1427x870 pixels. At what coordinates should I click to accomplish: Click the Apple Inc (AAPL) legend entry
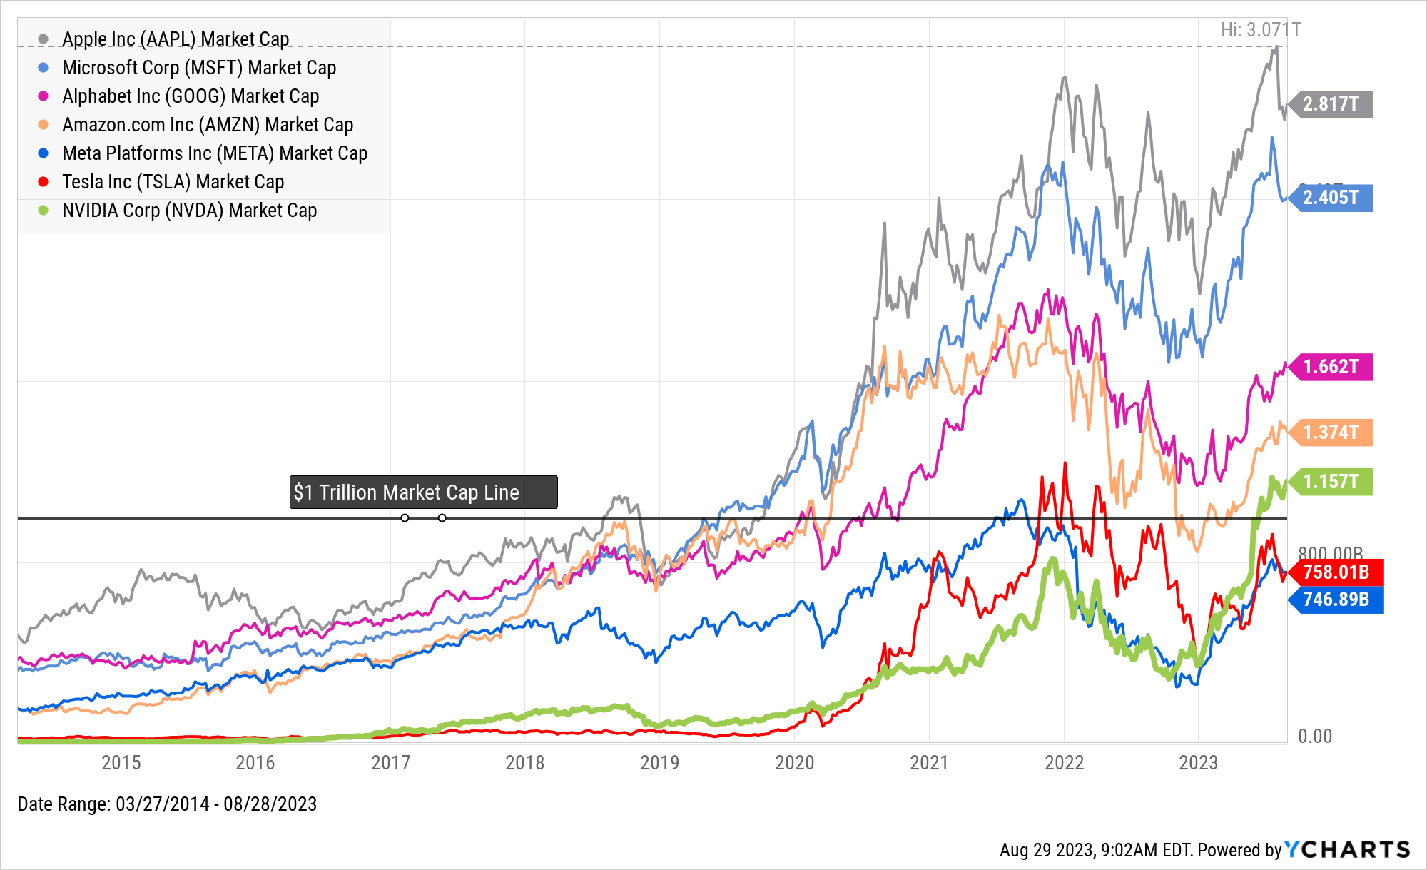point(175,39)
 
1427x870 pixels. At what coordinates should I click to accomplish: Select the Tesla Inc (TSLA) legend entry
point(173,182)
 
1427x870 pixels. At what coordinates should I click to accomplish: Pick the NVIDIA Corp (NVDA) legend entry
point(189,211)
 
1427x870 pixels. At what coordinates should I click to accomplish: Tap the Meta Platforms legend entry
point(214,153)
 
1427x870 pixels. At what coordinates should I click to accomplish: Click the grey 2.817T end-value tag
point(1332,104)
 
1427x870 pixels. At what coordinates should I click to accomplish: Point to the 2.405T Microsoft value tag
point(1332,198)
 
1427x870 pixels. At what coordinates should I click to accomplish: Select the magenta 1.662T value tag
point(1332,367)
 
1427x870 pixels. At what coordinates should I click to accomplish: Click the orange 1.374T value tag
point(1332,433)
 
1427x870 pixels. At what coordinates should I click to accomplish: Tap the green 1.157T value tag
point(1332,482)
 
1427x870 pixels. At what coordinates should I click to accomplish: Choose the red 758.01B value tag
point(1337,572)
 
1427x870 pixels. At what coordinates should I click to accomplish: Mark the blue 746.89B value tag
point(1337,600)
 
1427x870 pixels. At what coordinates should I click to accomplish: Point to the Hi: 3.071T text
point(1261,30)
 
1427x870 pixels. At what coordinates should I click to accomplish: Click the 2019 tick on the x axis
point(659,763)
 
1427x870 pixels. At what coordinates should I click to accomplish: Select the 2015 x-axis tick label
point(121,763)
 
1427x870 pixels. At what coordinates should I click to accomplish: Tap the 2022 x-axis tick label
point(1064,763)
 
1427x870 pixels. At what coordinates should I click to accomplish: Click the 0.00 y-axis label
point(1315,737)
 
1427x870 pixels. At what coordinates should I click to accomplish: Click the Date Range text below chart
point(167,804)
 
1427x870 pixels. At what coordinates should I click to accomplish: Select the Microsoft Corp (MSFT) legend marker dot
point(44,68)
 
